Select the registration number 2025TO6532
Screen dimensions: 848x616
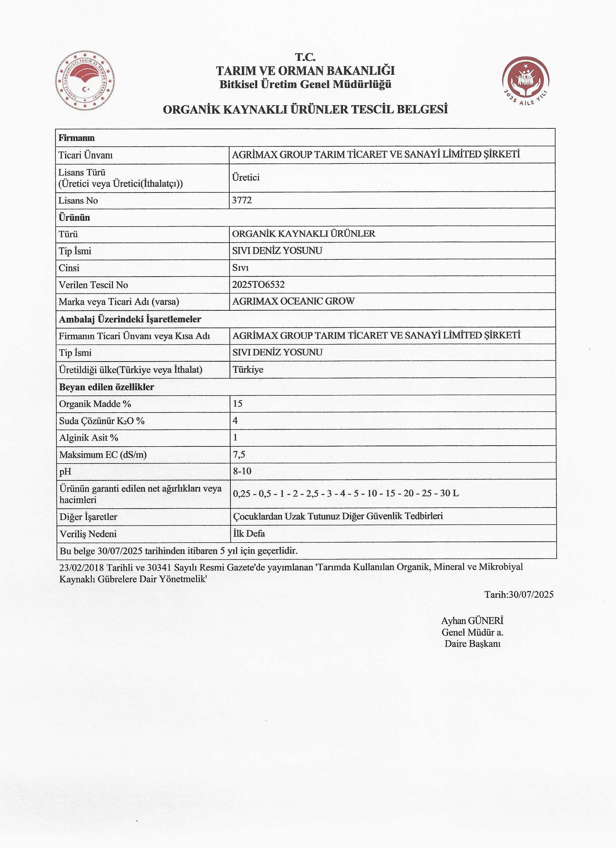(x=258, y=285)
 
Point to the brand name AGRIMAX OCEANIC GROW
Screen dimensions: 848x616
(x=293, y=301)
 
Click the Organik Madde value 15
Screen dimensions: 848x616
(x=238, y=403)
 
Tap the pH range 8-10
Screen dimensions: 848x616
(x=242, y=471)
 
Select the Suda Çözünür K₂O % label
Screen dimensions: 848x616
(x=102, y=421)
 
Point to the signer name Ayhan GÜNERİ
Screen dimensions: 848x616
(x=472, y=621)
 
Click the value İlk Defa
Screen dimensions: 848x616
(x=249, y=533)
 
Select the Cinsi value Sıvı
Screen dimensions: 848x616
(x=240, y=268)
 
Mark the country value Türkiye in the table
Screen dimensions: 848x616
(x=248, y=370)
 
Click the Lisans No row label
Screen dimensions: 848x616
(x=78, y=200)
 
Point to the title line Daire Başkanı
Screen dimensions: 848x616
(x=472, y=644)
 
